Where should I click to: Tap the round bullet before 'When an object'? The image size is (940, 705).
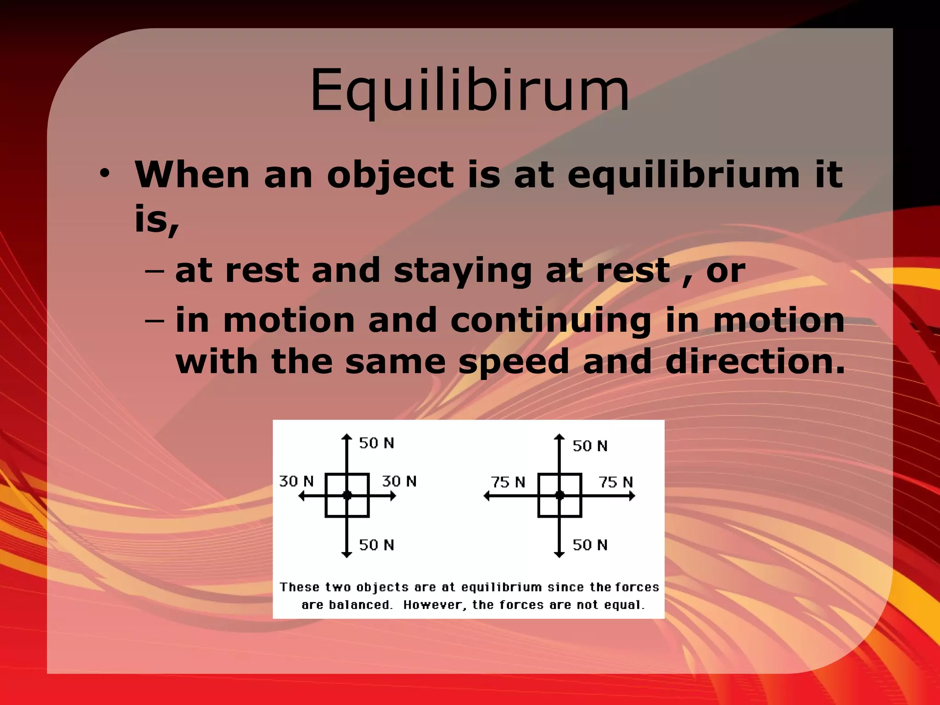pos(105,174)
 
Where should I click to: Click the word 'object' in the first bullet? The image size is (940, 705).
pos(390,176)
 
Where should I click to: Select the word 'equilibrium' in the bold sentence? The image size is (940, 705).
pos(684,176)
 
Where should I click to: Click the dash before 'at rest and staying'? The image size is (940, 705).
pos(154,271)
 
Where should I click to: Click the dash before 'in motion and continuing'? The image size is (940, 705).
pos(154,320)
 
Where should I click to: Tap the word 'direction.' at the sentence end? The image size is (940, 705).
pos(755,362)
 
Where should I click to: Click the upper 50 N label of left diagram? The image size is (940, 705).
pos(376,443)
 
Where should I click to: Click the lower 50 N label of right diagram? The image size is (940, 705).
pos(590,545)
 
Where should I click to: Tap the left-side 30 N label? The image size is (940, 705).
pos(297,481)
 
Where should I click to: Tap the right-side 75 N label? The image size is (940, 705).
pos(615,482)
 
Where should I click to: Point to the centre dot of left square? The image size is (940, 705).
pos(347,495)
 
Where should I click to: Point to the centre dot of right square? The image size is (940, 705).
pos(560,495)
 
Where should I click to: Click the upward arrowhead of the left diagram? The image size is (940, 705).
pos(347,436)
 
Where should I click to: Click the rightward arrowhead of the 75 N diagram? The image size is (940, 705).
pos(632,496)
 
